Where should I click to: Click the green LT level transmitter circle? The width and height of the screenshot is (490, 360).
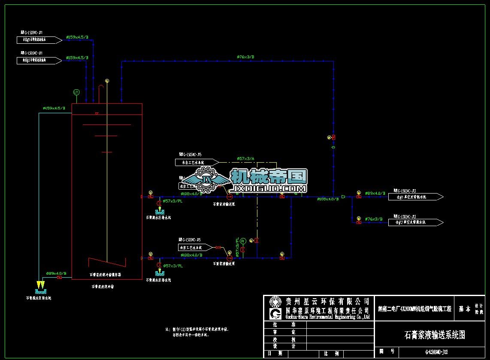[x=76, y=92]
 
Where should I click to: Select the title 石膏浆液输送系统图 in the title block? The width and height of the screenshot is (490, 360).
[x=434, y=335]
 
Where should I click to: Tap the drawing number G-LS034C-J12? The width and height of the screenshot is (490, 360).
[x=434, y=352]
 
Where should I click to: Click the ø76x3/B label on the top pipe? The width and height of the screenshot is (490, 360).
[x=245, y=57]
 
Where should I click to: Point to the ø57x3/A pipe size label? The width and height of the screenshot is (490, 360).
[x=245, y=158]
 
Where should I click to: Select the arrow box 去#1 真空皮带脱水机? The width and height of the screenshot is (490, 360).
[x=414, y=197]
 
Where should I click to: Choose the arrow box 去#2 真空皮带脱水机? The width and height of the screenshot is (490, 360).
[x=414, y=222]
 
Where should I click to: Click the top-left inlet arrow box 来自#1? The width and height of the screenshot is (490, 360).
[x=39, y=40]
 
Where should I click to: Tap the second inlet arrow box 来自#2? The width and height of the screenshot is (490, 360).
[x=39, y=61]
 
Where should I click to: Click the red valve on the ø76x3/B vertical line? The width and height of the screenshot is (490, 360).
[x=333, y=137]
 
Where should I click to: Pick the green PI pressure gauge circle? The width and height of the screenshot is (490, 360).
[x=242, y=240]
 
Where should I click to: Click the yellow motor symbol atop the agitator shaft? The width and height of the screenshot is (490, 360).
[x=107, y=81]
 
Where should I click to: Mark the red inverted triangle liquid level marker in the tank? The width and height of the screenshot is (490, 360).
[x=97, y=114]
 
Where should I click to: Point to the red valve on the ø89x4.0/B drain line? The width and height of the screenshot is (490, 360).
[x=59, y=278]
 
